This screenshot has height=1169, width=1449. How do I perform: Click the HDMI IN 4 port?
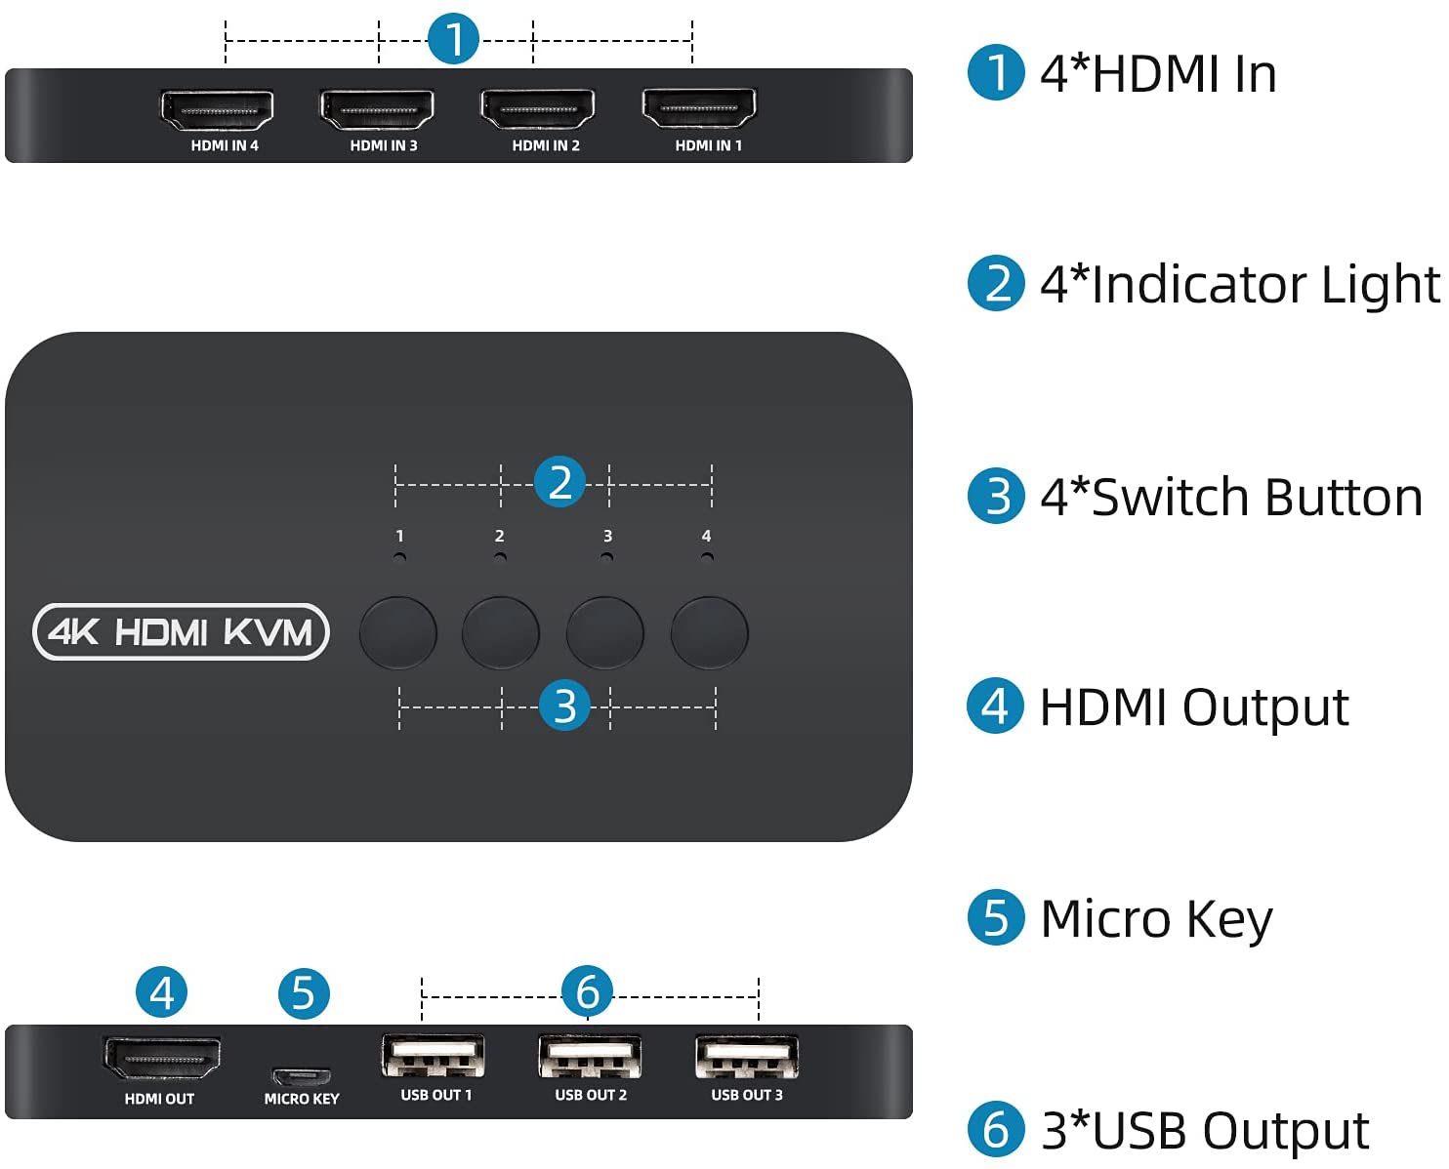pos(217,109)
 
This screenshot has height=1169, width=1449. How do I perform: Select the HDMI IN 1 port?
pos(698,107)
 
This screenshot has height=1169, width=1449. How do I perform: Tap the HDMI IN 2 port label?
pos(546,145)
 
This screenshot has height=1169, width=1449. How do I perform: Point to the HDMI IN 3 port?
pos(377,108)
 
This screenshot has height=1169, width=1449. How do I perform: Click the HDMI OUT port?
pos(162,1059)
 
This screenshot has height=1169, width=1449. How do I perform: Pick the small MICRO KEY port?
pos(301,1076)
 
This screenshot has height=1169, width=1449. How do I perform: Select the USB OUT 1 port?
pos(434,1057)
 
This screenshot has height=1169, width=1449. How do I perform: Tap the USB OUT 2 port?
pos(590,1057)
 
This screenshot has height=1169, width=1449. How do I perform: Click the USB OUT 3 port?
pos(747,1057)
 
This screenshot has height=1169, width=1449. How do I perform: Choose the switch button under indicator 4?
pos(710,632)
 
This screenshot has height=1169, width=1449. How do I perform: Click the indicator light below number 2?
pos(500,558)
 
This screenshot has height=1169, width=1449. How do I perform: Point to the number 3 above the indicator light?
pos(607,536)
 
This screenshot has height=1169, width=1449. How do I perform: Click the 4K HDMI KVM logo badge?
pos(181,632)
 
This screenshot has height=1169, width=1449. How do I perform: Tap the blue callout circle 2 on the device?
pos(559,482)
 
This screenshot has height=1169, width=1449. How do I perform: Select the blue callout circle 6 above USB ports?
pos(587,992)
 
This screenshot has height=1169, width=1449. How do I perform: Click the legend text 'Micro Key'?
pos(1156,919)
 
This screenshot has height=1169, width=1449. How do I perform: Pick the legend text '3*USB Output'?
pos(1205,1131)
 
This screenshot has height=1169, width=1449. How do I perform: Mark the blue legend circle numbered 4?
pos(995,706)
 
